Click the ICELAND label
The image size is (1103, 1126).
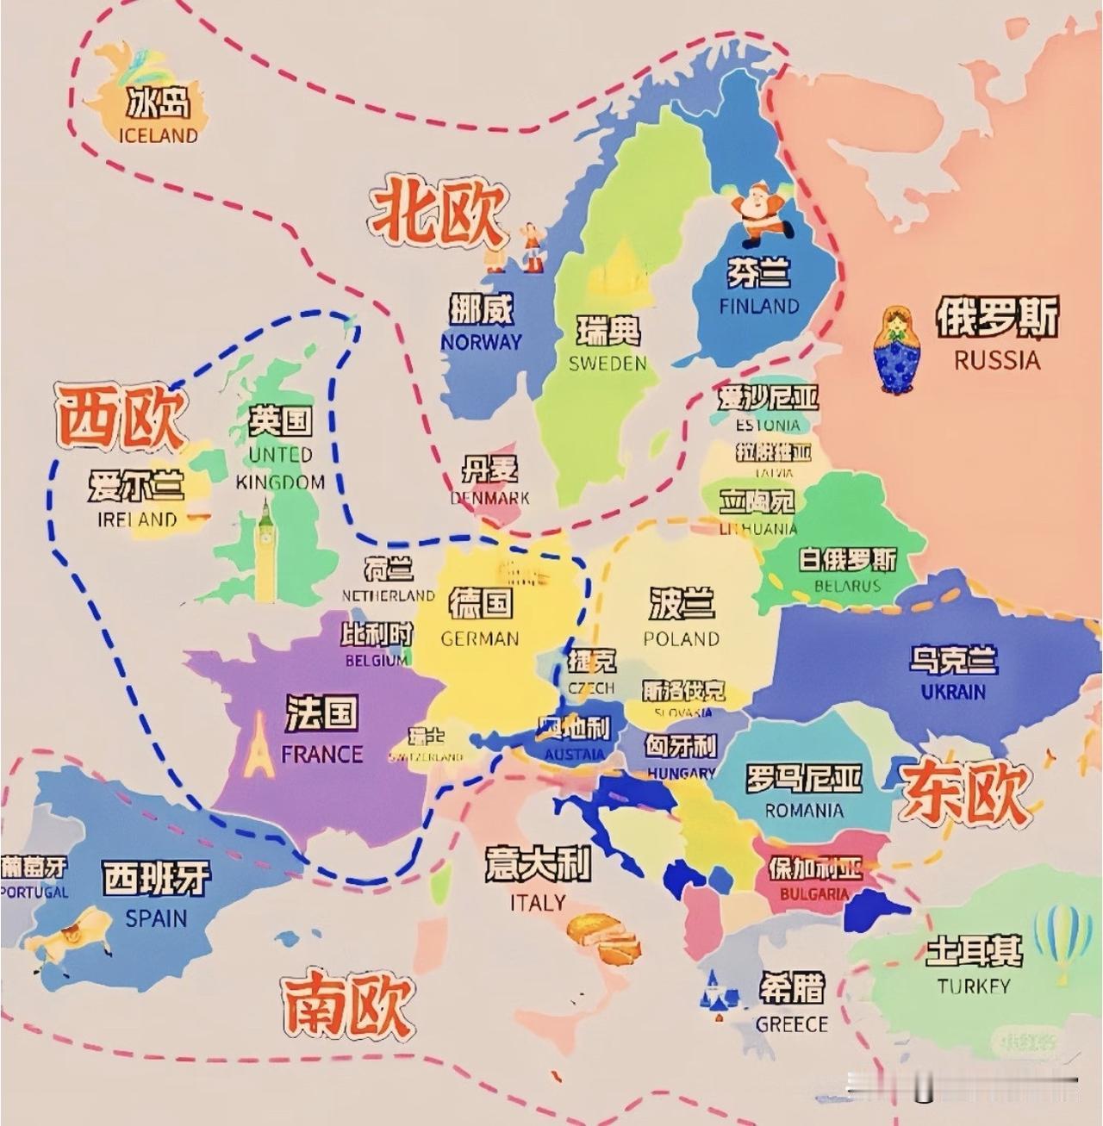(158, 135)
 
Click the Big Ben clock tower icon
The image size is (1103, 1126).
(265, 551)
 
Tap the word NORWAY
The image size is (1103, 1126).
(481, 342)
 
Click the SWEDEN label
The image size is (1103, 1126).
(608, 364)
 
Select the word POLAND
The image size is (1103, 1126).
(681, 639)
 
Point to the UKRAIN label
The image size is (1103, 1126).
(953, 692)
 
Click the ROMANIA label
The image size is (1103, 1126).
(804, 811)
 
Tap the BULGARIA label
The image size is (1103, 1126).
(814, 894)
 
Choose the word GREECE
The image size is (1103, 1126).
(791, 1024)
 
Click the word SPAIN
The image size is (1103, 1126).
(156, 918)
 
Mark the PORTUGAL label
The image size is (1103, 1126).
(34, 892)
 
